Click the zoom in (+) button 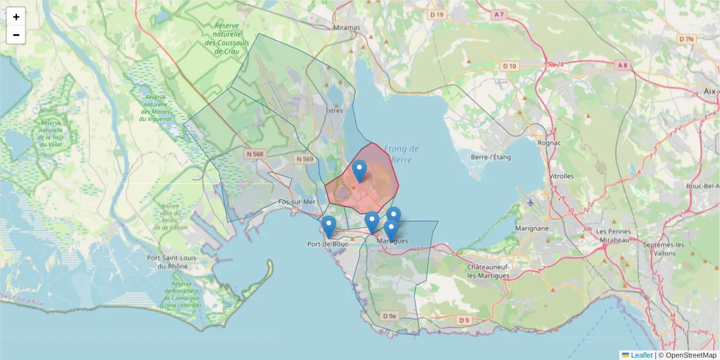16,17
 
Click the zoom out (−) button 16,35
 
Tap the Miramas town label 347,28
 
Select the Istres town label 334,111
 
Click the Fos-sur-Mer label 297,202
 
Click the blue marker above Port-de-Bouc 328,227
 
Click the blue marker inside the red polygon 359,171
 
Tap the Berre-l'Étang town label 491,157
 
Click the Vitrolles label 562,176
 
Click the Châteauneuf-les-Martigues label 488,271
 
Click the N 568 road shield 255,154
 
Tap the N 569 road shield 305,159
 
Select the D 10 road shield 509,65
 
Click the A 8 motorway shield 620,65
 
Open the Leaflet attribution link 641,355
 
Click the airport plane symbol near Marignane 531,202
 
